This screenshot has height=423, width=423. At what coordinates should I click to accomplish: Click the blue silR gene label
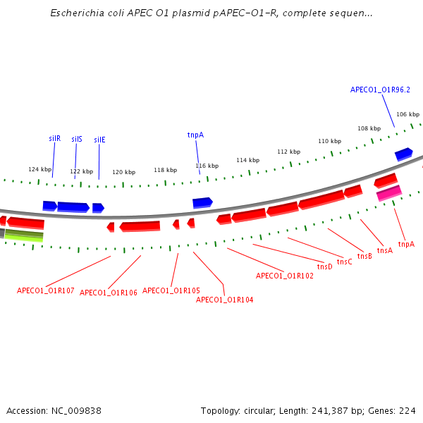click(x=54, y=139)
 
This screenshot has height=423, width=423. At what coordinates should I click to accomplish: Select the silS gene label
click(x=77, y=139)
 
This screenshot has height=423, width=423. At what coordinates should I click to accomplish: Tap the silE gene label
click(x=99, y=140)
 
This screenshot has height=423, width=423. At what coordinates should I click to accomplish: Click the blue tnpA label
click(x=195, y=135)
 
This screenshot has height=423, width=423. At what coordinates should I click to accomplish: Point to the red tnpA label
click(x=406, y=245)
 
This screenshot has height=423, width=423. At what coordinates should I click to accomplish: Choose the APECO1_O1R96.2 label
click(x=380, y=90)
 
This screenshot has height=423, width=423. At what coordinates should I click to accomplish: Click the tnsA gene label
click(x=384, y=250)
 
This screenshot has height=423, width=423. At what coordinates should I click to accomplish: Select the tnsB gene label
click(x=364, y=257)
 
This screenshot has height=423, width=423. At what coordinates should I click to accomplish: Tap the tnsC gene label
click(x=344, y=262)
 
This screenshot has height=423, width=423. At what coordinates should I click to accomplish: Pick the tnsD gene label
click(x=324, y=266)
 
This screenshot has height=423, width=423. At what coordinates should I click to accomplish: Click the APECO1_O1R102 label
click(x=284, y=276)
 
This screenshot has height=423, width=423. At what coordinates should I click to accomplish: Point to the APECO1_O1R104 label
click(x=224, y=300)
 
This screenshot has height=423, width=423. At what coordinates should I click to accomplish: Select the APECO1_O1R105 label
click(x=171, y=290)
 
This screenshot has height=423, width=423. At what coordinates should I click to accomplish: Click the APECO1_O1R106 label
click(x=109, y=293)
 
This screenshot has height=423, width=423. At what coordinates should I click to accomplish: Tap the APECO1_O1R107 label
click(x=46, y=290)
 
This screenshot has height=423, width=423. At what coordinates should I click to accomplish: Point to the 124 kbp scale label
click(x=39, y=169)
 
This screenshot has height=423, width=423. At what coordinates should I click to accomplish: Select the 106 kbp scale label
click(x=407, y=114)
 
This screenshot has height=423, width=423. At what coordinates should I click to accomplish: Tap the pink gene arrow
click(x=389, y=192)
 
